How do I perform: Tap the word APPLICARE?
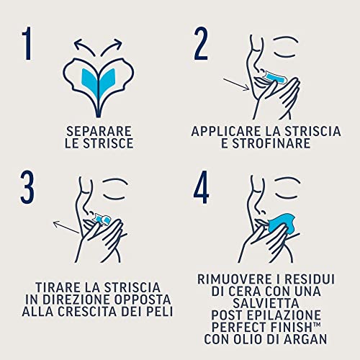click(227, 132)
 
